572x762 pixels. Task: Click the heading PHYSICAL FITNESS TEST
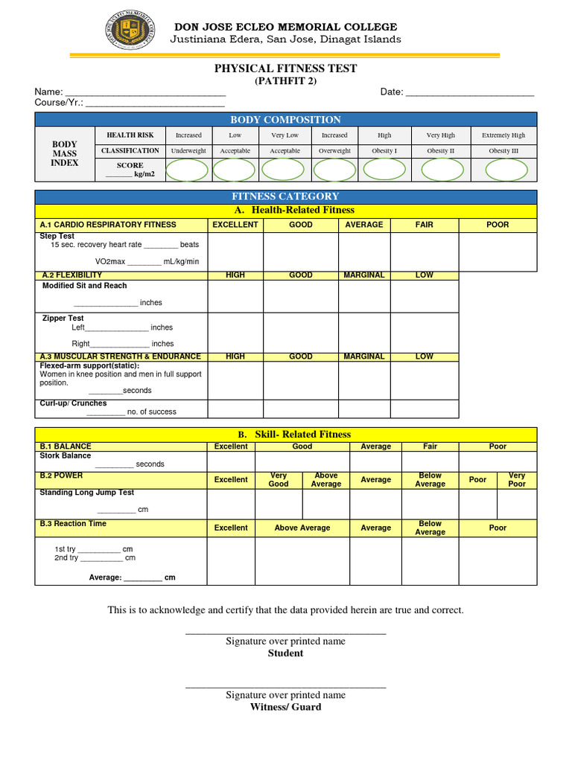coord(285,68)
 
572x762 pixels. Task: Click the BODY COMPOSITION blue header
coord(285,120)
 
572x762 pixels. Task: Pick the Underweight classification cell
coord(188,150)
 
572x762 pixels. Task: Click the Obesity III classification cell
coord(503,150)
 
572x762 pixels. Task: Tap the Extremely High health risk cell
coord(503,135)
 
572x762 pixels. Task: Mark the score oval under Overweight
coord(334,170)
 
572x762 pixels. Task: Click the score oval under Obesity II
coord(442,170)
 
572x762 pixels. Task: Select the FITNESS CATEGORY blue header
coord(285,196)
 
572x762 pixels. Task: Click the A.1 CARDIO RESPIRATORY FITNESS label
coord(108,225)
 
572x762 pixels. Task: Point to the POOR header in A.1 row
coord(497,225)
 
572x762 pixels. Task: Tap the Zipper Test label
coord(63,318)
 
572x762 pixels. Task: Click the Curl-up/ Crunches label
coord(73,403)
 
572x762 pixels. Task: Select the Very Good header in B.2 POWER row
coord(279,479)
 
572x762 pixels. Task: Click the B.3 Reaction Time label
coord(73,524)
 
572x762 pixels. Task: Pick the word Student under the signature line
coord(285,653)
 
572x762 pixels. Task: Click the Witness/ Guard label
coord(285,707)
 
